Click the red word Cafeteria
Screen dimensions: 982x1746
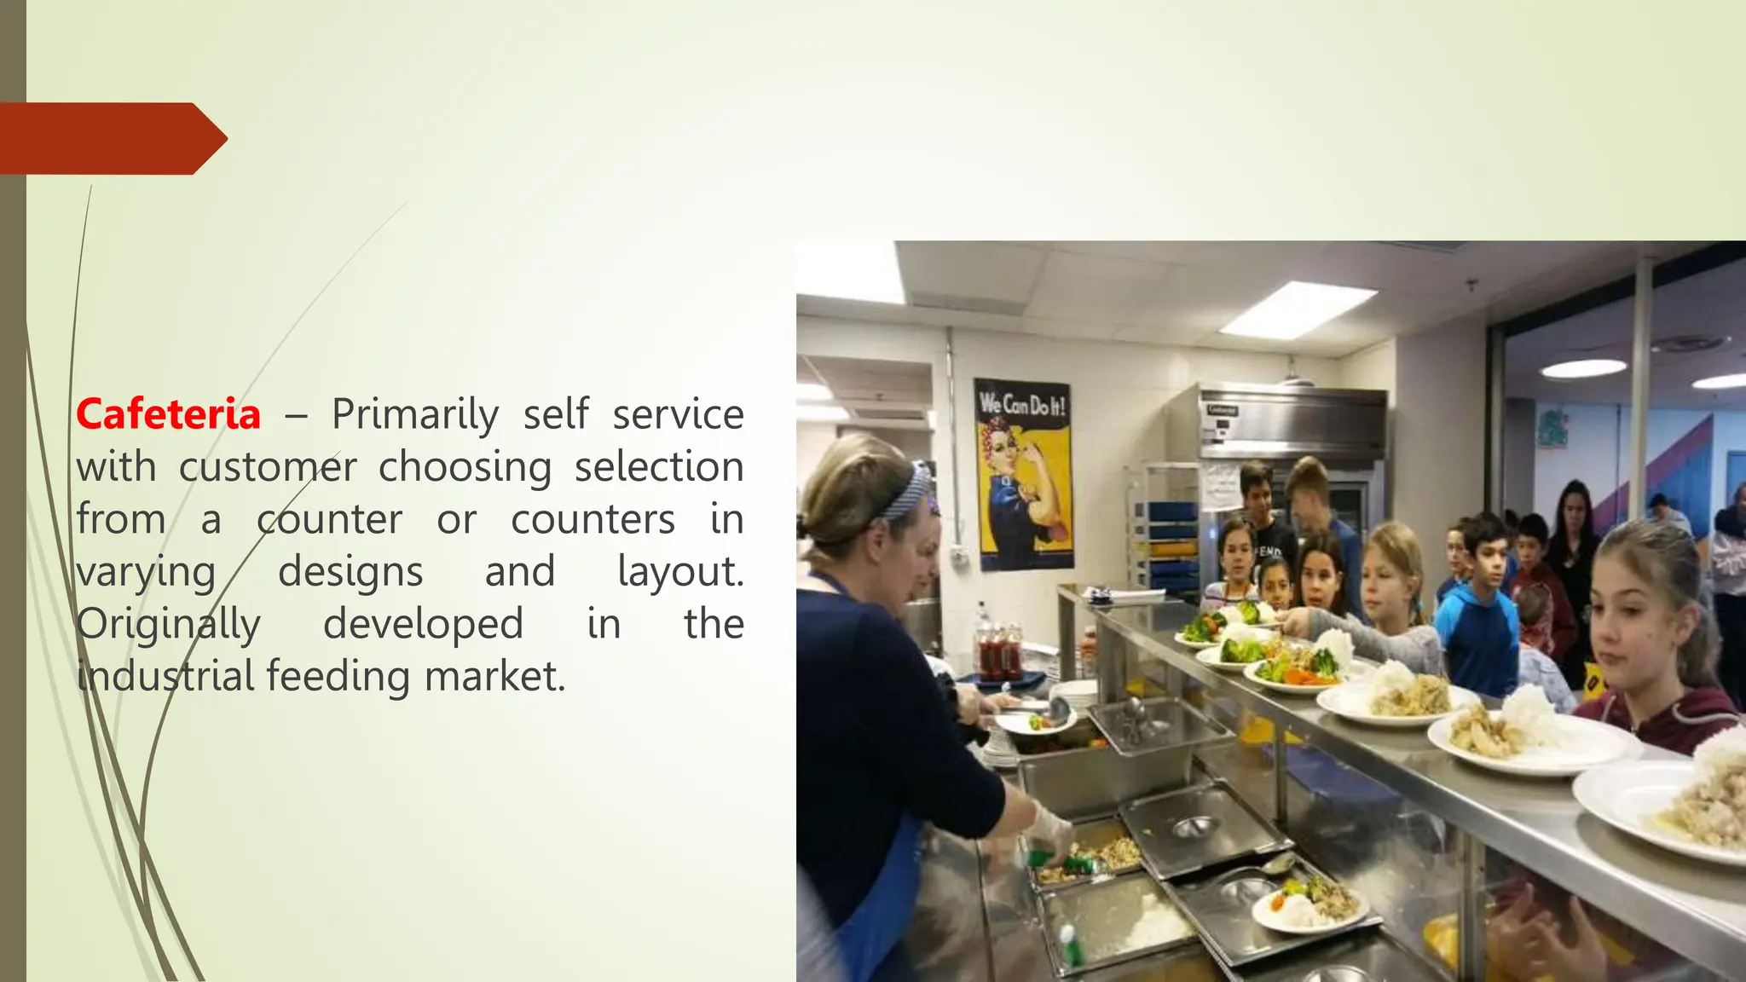pos(168,415)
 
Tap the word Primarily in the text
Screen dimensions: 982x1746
pos(414,415)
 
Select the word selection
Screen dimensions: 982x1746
pos(658,467)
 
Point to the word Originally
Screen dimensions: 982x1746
pos(168,625)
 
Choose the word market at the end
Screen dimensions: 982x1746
pos(494,677)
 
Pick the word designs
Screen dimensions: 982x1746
pos(350,572)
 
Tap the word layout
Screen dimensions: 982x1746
pos(679,572)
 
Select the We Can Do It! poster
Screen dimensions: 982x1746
pos(1023,474)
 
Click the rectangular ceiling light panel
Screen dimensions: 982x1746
pos(1297,309)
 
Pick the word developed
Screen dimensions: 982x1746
pos(423,625)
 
